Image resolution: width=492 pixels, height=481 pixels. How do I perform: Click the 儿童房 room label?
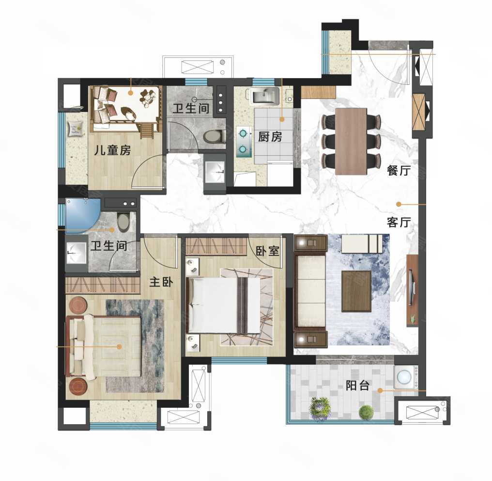pos(112,150)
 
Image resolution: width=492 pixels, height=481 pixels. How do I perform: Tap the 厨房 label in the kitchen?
pos(270,137)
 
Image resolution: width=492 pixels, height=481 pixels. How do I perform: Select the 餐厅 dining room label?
pos(399,171)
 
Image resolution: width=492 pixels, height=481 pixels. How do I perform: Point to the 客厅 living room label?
pos(399,222)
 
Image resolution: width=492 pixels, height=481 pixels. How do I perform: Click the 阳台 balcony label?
pos(357,385)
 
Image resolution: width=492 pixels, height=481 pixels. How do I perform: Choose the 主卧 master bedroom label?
pos(161,282)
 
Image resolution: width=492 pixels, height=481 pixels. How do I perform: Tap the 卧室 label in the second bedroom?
pos(267,251)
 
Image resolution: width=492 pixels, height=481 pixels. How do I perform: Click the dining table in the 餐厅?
pos(351,142)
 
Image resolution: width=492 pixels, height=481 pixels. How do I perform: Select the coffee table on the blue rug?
pos(357,291)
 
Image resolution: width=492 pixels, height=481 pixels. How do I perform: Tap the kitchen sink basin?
pos(265,95)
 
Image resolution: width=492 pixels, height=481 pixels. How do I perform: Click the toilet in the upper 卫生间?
pos(214,136)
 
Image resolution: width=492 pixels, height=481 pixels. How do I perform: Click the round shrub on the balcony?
pos(366,411)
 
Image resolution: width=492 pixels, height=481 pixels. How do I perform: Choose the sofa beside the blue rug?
pos(310,291)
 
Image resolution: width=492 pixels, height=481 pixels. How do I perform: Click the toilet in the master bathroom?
pos(123,222)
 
